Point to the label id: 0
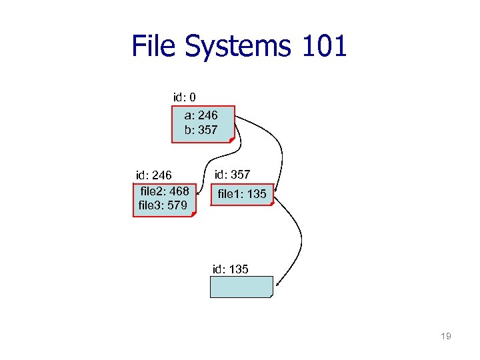[184, 97]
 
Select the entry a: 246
[201, 115]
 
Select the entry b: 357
[201, 130]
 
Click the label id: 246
[154, 175]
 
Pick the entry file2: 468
[165, 191]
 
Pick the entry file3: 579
[163, 205]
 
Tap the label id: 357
[232, 175]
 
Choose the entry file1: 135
[242, 194]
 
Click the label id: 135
[230, 269]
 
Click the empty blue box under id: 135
[241, 287]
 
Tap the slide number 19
[446, 336]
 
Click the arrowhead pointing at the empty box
[277, 285]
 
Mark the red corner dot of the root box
[230, 140]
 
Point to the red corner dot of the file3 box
[193, 215]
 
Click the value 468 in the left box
[178, 191]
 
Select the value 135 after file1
[256, 194]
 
